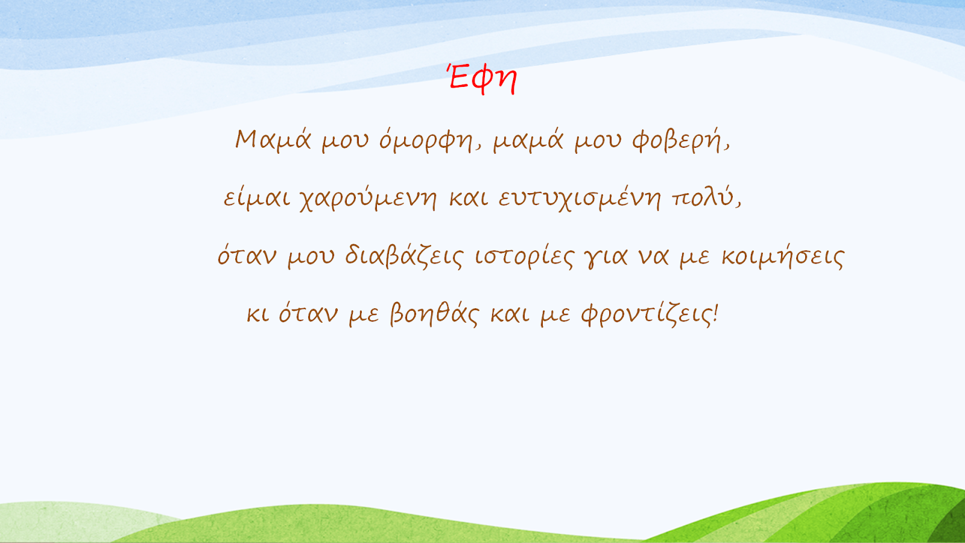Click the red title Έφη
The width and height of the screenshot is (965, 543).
coord(482,79)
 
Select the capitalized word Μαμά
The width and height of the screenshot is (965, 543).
coord(273,141)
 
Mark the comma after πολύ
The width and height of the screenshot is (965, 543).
coord(738,205)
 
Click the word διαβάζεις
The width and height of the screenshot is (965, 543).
coord(404,256)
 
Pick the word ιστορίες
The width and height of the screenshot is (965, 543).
coord(524,257)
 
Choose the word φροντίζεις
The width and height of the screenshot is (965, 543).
coord(646,314)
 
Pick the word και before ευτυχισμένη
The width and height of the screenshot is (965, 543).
coord(469,198)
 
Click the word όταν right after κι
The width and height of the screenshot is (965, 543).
coord(308,313)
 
